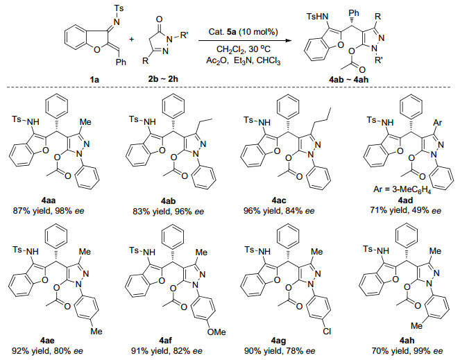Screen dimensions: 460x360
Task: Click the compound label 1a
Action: tap(94, 79)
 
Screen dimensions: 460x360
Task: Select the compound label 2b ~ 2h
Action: tap(161, 79)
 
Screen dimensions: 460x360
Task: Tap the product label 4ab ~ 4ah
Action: tap(349, 79)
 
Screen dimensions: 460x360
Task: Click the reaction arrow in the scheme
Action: tap(246, 41)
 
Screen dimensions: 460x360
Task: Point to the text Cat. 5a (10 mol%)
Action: tap(244, 32)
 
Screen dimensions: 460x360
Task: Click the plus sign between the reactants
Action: tap(131, 40)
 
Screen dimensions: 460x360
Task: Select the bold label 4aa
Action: tap(49, 200)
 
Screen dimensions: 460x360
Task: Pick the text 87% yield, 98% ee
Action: tap(49, 211)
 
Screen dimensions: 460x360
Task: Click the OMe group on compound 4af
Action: tap(216, 332)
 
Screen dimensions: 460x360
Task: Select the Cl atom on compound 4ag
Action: tap(327, 332)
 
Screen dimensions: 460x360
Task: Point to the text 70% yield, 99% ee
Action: tap(407, 350)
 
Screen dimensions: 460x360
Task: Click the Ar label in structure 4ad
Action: tap(437, 122)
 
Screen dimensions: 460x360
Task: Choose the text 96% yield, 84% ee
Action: tap(279, 211)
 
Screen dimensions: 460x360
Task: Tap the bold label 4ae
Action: tap(47, 341)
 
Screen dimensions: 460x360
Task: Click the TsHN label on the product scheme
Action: tap(317, 17)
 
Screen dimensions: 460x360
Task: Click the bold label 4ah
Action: tap(407, 341)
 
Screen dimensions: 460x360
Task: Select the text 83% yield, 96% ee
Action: tap(168, 211)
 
